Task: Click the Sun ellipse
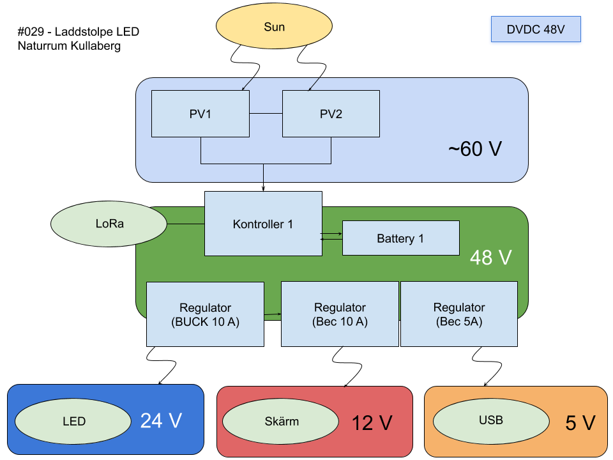274,27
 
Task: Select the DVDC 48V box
535,30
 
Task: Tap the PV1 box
200,114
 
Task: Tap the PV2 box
331,114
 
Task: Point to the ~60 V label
474,149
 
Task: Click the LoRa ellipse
109,224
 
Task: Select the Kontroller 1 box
262,224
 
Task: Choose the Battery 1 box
400,238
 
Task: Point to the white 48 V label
490,257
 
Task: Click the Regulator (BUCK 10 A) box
205,314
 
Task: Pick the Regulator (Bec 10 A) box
340,314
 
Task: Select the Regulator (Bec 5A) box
458,314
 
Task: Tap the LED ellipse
73,421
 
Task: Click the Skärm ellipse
281,421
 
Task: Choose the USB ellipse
490,420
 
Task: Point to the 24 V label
161,420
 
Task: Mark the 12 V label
372,422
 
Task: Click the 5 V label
580,422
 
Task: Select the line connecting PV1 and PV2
266,114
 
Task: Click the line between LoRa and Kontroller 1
186,224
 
